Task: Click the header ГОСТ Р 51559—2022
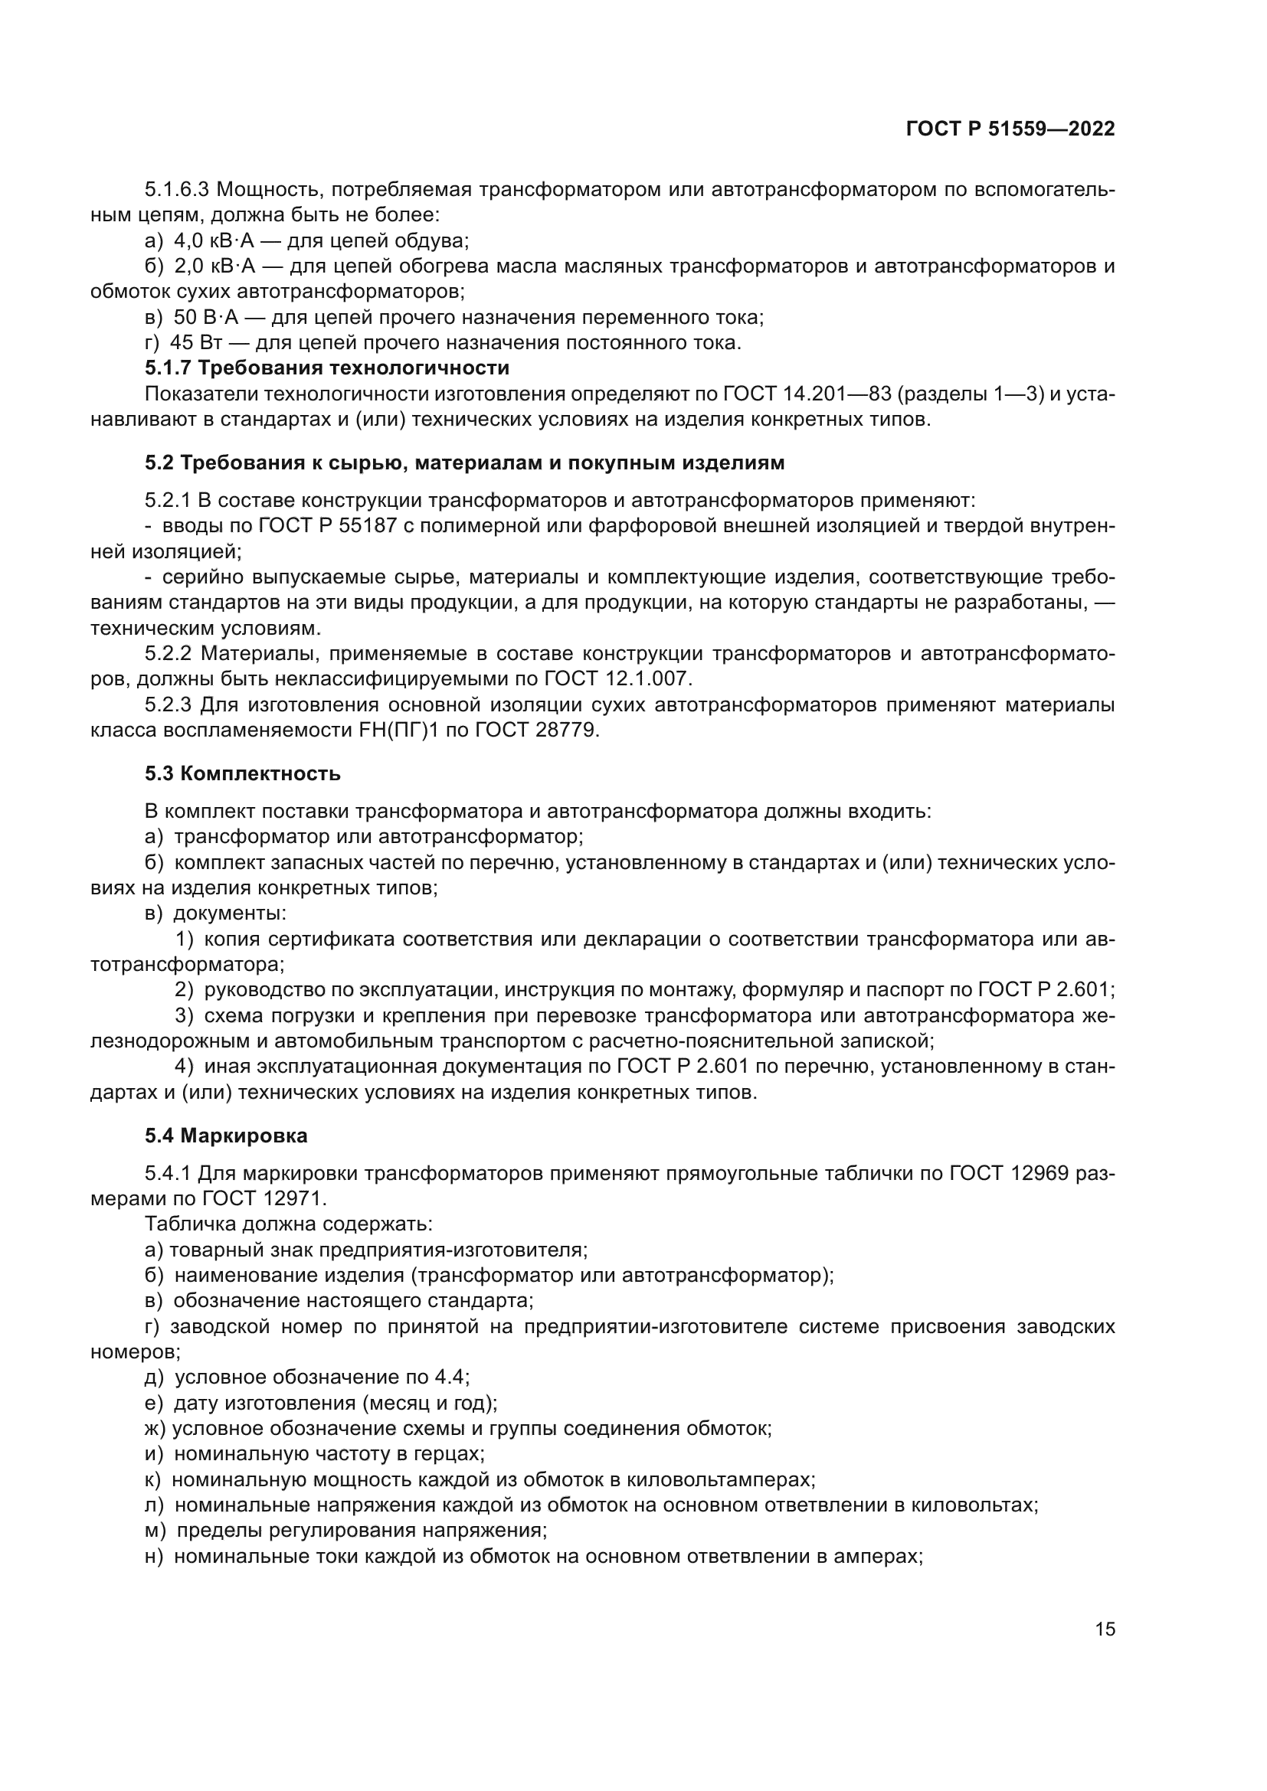(1010, 129)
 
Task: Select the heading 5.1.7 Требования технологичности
(327, 368)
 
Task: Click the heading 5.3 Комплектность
(243, 774)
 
